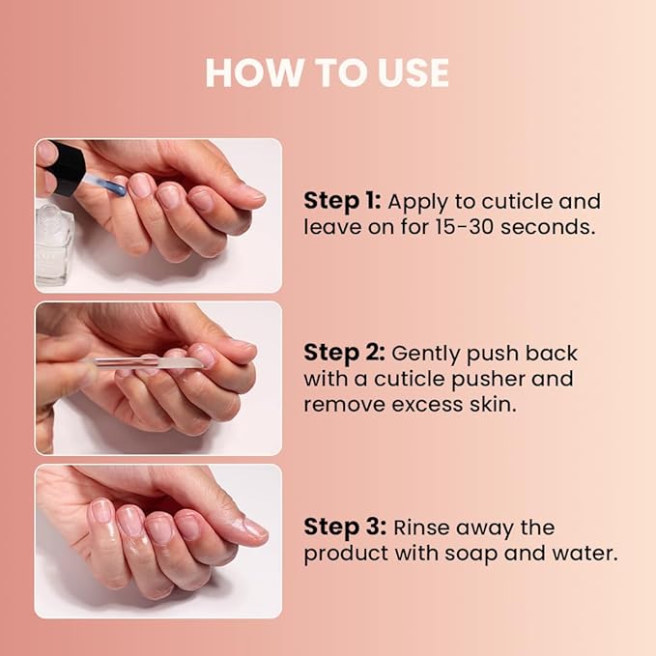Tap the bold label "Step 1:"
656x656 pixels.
341,201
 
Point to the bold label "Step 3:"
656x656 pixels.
343,528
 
